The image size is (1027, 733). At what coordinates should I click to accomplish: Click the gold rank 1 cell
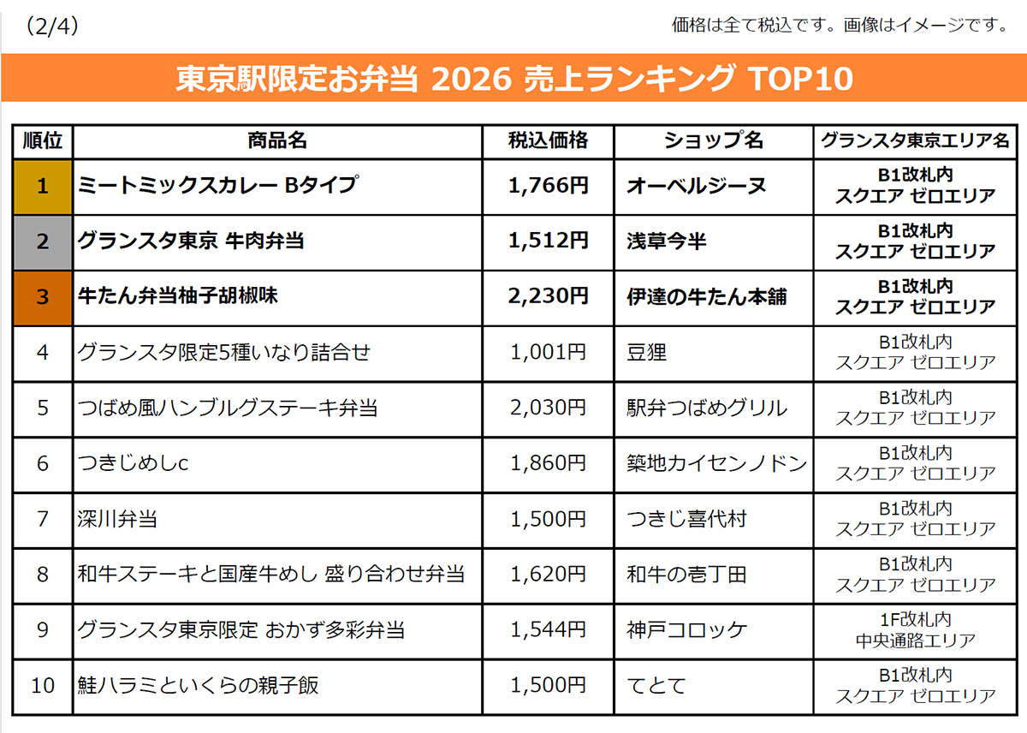coord(43,188)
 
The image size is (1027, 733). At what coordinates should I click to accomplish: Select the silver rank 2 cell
coord(43,242)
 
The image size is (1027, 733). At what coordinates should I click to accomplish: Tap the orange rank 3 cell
coord(43,298)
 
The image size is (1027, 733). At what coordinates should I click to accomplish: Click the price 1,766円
coord(548,185)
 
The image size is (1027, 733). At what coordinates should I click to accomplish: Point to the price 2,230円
coord(548,296)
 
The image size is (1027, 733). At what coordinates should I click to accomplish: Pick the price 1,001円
coord(548,352)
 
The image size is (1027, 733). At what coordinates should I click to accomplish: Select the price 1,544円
coord(548,629)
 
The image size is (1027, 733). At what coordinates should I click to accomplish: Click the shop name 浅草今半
coord(666,241)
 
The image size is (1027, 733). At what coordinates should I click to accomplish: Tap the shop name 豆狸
coord(646,352)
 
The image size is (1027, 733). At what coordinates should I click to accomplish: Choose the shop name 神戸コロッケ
coord(686,629)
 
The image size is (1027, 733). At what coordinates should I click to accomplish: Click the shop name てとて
coord(656,686)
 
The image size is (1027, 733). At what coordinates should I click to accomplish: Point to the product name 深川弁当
coord(117,519)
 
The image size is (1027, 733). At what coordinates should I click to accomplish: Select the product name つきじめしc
coord(133,463)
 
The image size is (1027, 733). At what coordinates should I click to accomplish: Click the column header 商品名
coord(277,140)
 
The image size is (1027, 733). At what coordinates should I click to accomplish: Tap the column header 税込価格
coord(548,140)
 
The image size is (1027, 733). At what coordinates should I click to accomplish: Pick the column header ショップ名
coord(714,140)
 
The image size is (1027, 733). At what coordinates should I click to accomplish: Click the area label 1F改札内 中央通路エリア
coord(915,630)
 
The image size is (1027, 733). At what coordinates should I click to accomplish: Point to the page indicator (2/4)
coord(52,27)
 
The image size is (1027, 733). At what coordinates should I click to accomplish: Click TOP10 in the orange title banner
coord(800,79)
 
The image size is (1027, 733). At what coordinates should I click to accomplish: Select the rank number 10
coord(43,686)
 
